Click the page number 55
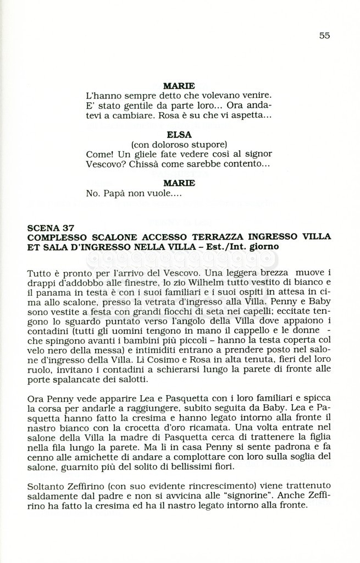324,35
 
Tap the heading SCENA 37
54,228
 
